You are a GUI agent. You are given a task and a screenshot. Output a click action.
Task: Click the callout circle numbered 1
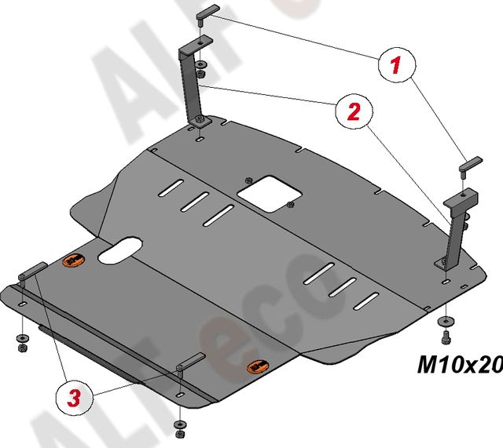pyautogui.click(x=398, y=64)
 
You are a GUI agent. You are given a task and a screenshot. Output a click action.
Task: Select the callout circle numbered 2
pyautogui.click(x=354, y=111)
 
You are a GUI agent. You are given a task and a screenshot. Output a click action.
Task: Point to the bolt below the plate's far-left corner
pyautogui.click(x=23, y=344)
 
